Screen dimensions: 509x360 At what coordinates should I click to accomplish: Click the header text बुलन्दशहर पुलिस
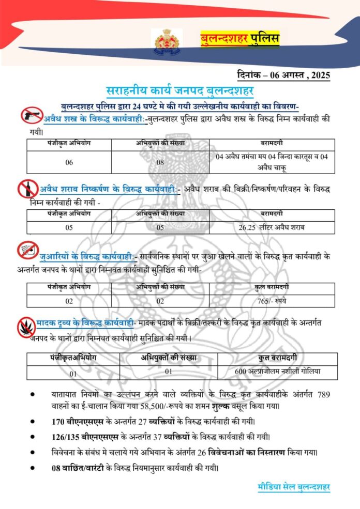click(x=239, y=39)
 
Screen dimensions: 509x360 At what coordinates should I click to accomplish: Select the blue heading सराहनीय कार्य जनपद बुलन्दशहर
click(x=179, y=91)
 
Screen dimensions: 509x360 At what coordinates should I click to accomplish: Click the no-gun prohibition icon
click(x=31, y=115)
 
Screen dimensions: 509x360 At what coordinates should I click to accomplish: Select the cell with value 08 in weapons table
click(x=160, y=161)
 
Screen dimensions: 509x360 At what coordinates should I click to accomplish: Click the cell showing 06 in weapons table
click(x=69, y=161)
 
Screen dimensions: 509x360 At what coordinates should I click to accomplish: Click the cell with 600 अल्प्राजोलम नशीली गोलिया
click(x=278, y=371)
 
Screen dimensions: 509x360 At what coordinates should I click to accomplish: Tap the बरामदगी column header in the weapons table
click(x=275, y=143)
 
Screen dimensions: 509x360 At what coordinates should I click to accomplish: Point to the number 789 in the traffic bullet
click(x=323, y=394)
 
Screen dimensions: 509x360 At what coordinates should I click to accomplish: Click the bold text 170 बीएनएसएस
click(x=78, y=421)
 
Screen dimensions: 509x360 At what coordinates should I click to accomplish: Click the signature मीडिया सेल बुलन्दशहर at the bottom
click(x=293, y=487)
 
